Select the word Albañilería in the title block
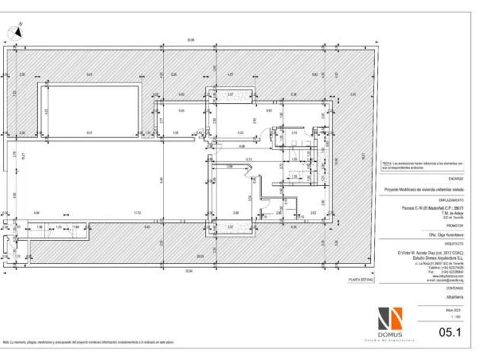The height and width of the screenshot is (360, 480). click(454, 297)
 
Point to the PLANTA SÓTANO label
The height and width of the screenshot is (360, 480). click(361, 280)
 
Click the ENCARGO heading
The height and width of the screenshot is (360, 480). click(457, 179)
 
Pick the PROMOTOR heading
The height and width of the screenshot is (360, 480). click(455, 226)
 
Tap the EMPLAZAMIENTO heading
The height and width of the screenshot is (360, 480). click(452, 199)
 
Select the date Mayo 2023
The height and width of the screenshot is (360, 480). click(455, 309)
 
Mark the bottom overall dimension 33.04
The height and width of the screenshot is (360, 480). click(188, 270)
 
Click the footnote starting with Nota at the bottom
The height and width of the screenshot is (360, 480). click(88, 342)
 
